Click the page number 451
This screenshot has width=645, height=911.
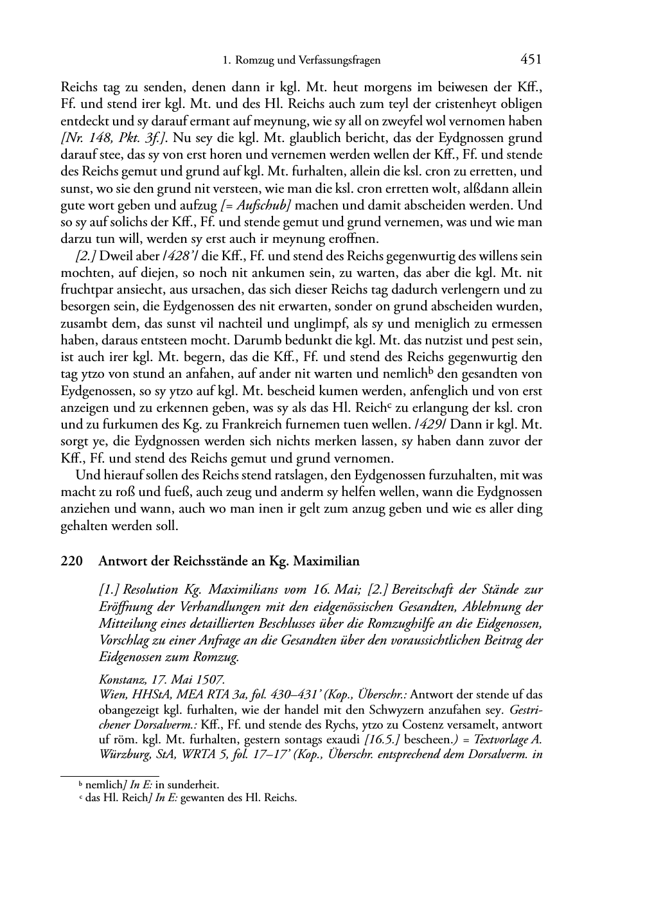tap(531, 60)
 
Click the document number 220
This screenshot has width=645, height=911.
tap(71, 561)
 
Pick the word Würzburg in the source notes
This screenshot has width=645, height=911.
tap(122, 754)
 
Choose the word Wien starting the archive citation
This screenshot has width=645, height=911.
tap(110, 694)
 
